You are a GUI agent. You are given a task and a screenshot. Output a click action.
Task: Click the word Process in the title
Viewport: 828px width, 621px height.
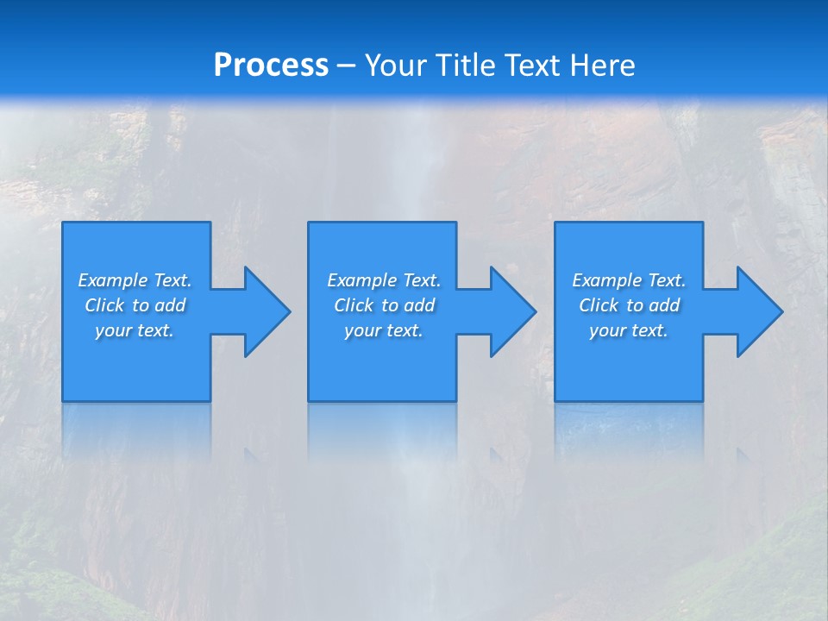(271, 66)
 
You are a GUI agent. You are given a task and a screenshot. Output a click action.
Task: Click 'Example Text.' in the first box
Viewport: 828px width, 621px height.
(135, 280)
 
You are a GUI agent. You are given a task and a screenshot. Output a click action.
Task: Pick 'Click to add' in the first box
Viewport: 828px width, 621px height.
(135, 305)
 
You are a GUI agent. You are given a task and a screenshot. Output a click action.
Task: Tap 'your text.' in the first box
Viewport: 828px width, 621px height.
(135, 330)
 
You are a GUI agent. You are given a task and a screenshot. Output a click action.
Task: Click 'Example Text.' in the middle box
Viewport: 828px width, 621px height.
(384, 280)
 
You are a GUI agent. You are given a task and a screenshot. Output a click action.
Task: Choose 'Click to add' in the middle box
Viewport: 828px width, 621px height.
(384, 305)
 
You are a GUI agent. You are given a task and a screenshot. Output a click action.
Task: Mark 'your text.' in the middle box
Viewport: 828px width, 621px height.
(384, 330)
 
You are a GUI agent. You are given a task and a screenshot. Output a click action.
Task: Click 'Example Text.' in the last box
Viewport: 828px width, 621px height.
(629, 280)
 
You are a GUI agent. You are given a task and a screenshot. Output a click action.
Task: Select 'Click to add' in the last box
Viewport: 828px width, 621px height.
(629, 305)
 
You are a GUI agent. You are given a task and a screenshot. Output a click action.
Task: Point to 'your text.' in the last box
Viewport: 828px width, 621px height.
(629, 330)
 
